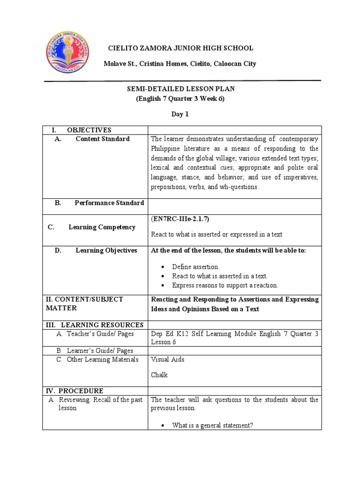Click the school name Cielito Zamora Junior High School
[180, 48]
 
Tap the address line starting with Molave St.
[180, 64]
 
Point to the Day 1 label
[180, 114]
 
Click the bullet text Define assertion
[195, 266]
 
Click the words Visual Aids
[167, 360]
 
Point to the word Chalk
[159, 375]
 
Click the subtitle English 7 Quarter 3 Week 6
[180, 99]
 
